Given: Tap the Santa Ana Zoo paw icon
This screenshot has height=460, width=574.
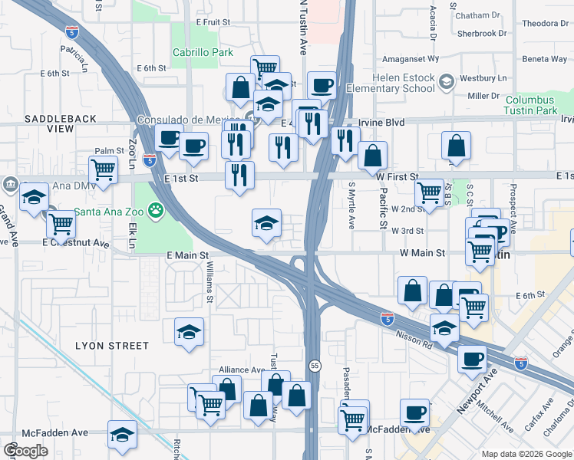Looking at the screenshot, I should (x=157, y=208).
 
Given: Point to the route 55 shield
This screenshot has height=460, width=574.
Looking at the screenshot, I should (x=315, y=366).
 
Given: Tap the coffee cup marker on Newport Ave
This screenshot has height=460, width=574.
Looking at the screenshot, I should (x=472, y=358).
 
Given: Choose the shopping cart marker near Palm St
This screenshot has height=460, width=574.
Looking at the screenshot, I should (x=103, y=169).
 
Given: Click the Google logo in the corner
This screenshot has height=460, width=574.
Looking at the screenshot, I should (x=25, y=451).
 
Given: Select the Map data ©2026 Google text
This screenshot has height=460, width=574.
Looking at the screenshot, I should (x=526, y=454).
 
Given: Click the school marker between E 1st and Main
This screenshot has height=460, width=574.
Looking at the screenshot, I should (x=267, y=224).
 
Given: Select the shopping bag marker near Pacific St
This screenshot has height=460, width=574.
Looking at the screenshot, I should (x=373, y=156).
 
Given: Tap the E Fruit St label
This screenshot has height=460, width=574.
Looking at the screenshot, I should (x=213, y=23).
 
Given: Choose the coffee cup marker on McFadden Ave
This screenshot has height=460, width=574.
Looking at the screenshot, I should (x=414, y=413).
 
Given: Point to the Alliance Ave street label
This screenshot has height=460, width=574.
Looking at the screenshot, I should (x=242, y=370).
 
